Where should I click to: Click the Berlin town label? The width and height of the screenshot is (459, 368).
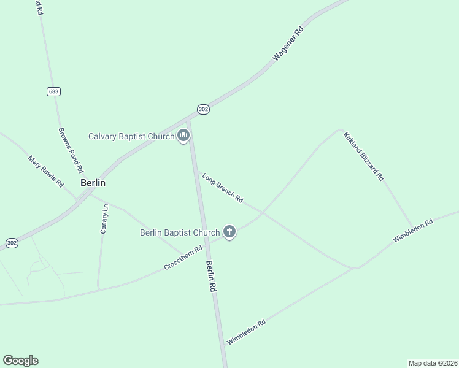click(x=93, y=183)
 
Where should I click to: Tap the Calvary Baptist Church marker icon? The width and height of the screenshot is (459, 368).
click(x=183, y=136)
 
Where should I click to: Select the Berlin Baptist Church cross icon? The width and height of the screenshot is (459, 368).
click(x=229, y=232)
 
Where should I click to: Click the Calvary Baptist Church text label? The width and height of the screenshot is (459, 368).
click(x=131, y=137)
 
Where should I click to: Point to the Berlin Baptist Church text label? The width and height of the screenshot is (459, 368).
click(x=180, y=232)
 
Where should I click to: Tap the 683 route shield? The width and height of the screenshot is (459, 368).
click(x=53, y=91)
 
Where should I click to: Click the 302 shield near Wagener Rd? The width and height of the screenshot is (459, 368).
click(x=204, y=109)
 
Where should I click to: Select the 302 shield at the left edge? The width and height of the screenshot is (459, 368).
click(x=12, y=243)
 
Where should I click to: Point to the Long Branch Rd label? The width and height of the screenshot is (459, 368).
click(x=223, y=187)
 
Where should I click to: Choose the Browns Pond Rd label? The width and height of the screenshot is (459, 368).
click(x=71, y=150)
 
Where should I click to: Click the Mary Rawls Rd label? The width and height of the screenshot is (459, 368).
click(x=46, y=171)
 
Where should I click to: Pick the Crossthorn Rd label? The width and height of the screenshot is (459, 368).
click(x=183, y=258)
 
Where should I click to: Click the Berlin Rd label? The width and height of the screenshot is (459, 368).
click(x=212, y=275)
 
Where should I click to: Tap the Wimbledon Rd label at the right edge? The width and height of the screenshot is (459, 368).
click(x=413, y=230)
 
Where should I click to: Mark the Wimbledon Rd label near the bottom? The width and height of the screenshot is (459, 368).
click(x=246, y=332)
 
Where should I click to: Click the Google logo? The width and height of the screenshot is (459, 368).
click(x=20, y=361)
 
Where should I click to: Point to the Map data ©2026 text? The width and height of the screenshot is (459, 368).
click(x=432, y=363)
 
